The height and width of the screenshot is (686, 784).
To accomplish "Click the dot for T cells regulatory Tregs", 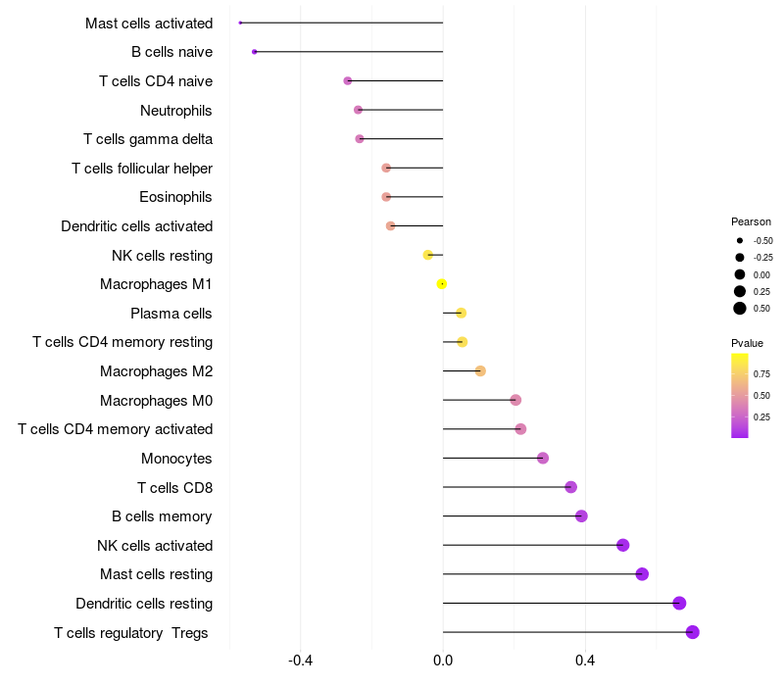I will pos(692,632).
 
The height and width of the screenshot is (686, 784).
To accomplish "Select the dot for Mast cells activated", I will pos(240,23).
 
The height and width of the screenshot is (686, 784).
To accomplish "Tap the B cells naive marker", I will pos(255,51).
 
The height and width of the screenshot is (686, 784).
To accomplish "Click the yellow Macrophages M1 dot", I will pos(442,284).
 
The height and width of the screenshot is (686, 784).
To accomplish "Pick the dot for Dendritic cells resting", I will pos(679,604).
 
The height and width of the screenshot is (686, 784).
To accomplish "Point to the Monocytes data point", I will pos(543,458).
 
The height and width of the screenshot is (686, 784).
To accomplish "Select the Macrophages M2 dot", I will pos(480,370).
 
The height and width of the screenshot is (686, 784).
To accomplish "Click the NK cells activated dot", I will pos(622,545).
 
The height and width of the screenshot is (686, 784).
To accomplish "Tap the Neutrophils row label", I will pos(176,110).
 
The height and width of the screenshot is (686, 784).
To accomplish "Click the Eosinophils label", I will pos(176,197).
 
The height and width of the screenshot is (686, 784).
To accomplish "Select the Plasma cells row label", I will pos(171,314).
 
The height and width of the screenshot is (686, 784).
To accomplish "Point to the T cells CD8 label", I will pos(175,487).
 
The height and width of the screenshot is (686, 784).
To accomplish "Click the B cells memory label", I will pos(163,516).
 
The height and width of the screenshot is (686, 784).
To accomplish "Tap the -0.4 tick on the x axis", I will pos(301,661).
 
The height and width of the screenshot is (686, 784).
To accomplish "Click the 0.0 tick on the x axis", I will pos(443,661).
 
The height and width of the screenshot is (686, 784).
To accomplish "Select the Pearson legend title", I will pos(751,221).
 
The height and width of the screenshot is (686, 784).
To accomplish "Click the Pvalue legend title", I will pos(747,343).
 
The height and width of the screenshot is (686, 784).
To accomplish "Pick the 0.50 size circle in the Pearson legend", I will pos(740,309).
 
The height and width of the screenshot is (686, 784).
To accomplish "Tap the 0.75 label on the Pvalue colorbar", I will pos(761,373).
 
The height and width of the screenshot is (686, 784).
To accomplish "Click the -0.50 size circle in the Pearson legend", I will pos(740,240).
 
